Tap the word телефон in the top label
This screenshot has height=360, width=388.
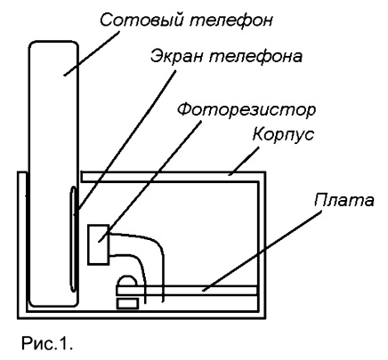(x=230, y=20)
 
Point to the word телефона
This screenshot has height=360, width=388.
(x=255, y=56)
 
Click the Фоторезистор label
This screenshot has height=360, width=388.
(x=247, y=110)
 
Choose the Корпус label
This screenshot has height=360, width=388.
(x=283, y=135)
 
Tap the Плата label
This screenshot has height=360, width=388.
(x=344, y=201)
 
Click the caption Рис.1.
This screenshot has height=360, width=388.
(x=47, y=344)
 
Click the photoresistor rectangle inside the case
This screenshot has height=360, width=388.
(x=99, y=244)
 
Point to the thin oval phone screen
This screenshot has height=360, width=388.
(x=74, y=239)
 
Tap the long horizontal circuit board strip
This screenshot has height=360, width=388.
(x=187, y=290)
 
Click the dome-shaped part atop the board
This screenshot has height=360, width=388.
(x=128, y=281)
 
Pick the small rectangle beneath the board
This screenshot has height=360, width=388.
(x=127, y=304)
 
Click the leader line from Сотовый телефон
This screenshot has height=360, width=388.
(x=92, y=53)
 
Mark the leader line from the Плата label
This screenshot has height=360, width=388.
(x=263, y=252)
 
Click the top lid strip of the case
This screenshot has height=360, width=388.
(x=172, y=177)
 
